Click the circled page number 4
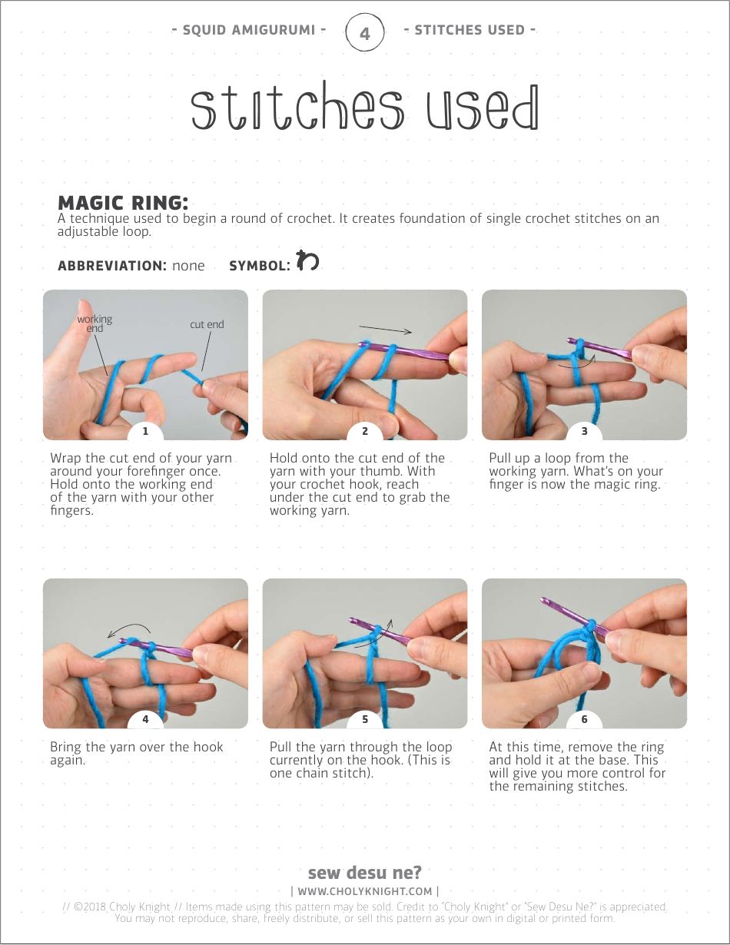[x=364, y=33]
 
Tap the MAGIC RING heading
[x=123, y=203]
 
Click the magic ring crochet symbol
[x=307, y=261]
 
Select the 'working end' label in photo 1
[x=95, y=323]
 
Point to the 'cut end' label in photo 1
[x=207, y=324]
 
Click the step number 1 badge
[x=145, y=431]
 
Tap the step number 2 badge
[x=365, y=431]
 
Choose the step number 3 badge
[x=584, y=431]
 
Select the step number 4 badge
[x=145, y=720]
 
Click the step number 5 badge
[x=365, y=720]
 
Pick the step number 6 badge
[x=584, y=720]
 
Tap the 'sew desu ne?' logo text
[x=364, y=873]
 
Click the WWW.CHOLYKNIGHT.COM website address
[x=365, y=891]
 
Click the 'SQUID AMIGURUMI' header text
[x=249, y=31]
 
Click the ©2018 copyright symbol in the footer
[x=78, y=907]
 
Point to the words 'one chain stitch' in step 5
[x=320, y=773]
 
